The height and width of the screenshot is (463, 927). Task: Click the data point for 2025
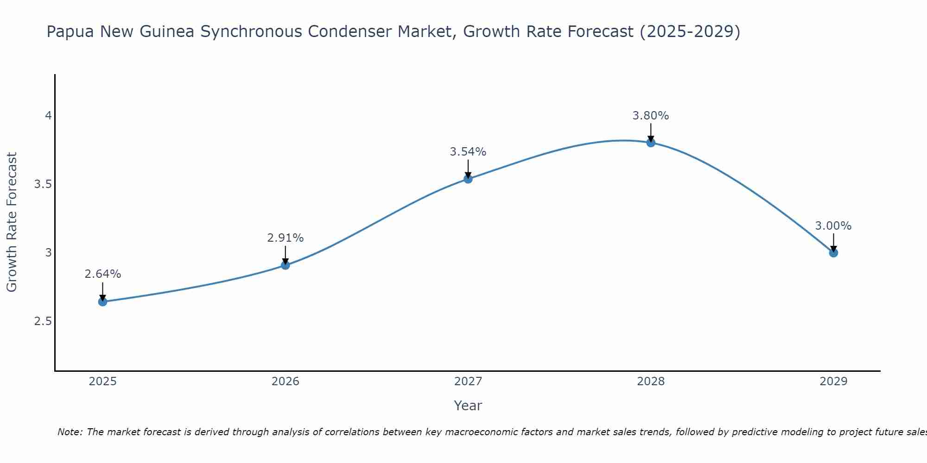tap(102, 302)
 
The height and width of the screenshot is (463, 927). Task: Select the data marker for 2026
tap(286, 265)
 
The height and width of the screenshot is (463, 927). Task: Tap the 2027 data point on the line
tap(468, 179)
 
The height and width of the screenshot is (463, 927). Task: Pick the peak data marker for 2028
tap(651, 143)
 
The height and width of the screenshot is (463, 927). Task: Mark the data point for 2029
tap(833, 253)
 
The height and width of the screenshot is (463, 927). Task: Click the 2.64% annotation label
tap(102, 274)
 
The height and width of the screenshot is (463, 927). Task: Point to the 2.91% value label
tap(286, 238)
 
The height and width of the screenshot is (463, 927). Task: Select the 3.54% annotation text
tap(468, 152)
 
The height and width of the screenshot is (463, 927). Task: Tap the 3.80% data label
tap(651, 116)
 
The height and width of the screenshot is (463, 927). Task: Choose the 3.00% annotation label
tap(833, 226)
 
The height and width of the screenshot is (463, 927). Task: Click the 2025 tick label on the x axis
tap(102, 382)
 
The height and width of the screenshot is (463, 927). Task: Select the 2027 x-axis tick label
tap(468, 382)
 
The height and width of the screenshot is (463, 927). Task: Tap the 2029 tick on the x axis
tap(833, 382)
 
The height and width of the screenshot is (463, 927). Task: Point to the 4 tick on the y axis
tap(48, 116)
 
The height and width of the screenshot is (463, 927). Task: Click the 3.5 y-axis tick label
tap(43, 184)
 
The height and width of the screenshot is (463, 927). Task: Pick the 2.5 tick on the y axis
tap(43, 321)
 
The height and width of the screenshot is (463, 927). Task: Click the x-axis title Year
tap(468, 406)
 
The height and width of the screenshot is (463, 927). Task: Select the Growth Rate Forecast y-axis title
tap(12, 222)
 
